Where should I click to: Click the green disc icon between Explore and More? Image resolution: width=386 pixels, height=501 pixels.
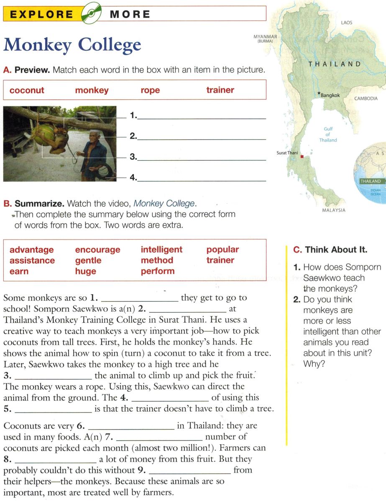[92, 15]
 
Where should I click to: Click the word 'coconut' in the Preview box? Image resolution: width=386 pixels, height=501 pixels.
[27, 90]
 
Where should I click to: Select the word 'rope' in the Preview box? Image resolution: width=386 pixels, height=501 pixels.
[150, 90]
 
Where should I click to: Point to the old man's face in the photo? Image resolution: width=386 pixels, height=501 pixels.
[96, 137]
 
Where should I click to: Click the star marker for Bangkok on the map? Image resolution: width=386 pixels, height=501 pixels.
[319, 93]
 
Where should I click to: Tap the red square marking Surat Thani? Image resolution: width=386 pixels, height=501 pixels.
[302, 157]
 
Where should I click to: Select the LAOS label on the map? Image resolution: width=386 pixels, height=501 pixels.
[347, 23]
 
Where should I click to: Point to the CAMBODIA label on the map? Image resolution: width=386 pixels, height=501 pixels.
[366, 99]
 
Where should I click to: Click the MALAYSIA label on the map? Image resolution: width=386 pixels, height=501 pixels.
[334, 210]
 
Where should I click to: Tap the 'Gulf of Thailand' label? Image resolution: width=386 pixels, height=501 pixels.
[328, 134]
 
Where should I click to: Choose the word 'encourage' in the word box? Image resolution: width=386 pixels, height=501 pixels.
[97, 250]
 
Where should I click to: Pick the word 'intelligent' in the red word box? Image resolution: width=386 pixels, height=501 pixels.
[161, 250]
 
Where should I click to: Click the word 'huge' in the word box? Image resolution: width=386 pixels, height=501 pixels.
[85, 271]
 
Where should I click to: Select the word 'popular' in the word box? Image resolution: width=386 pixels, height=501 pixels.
[222, 250]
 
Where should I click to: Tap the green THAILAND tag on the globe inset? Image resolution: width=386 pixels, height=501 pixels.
[371, 181]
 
